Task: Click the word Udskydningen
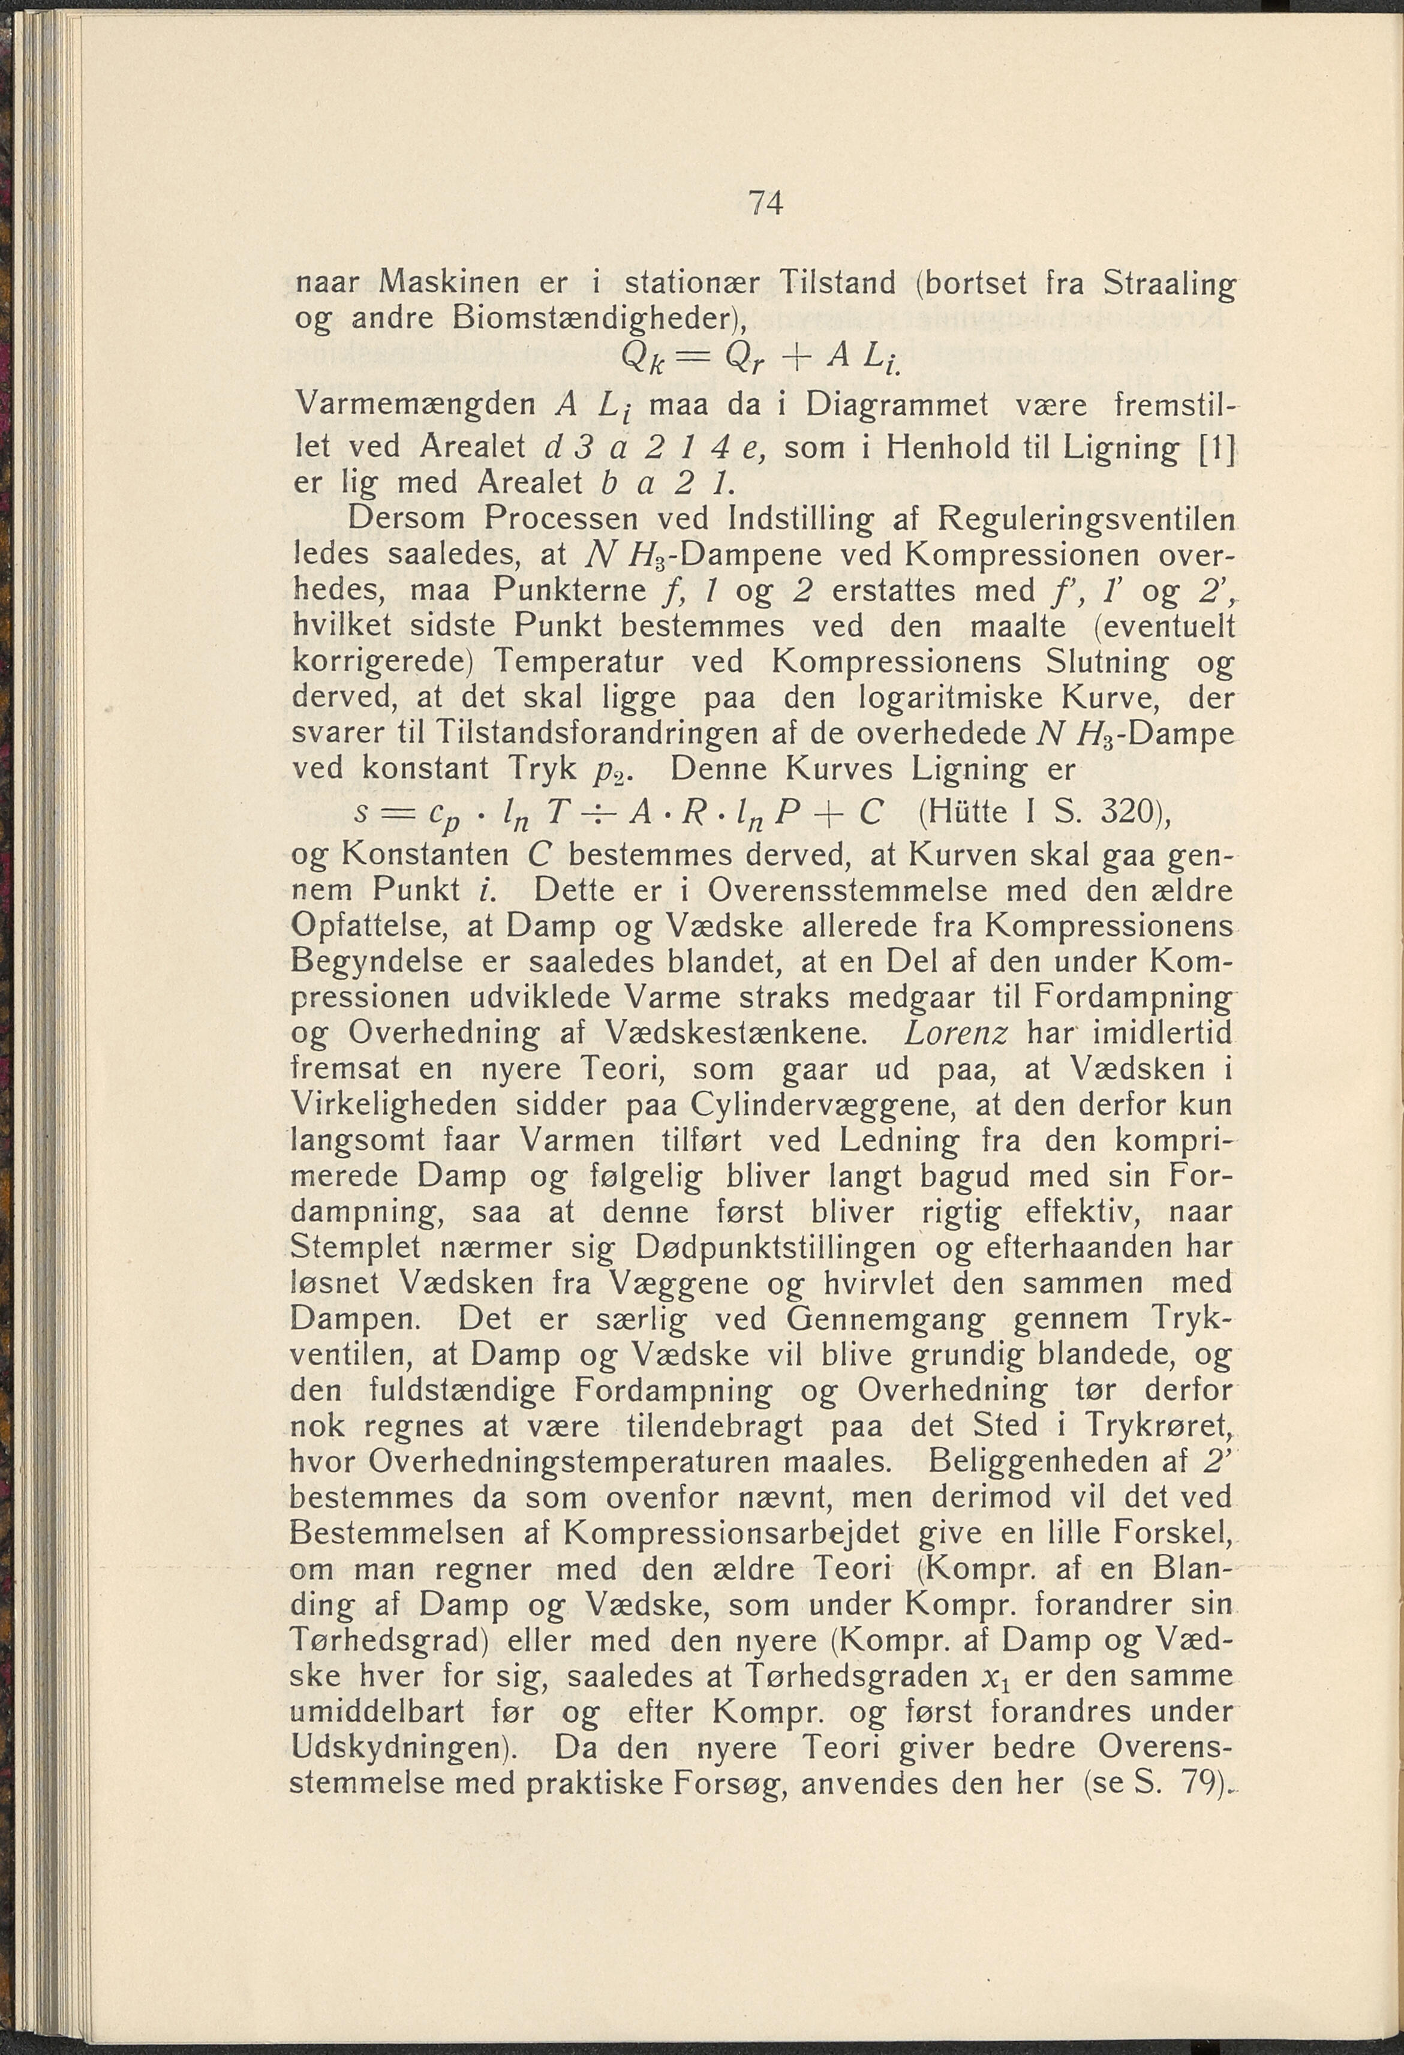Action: (x=403, y=1748)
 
